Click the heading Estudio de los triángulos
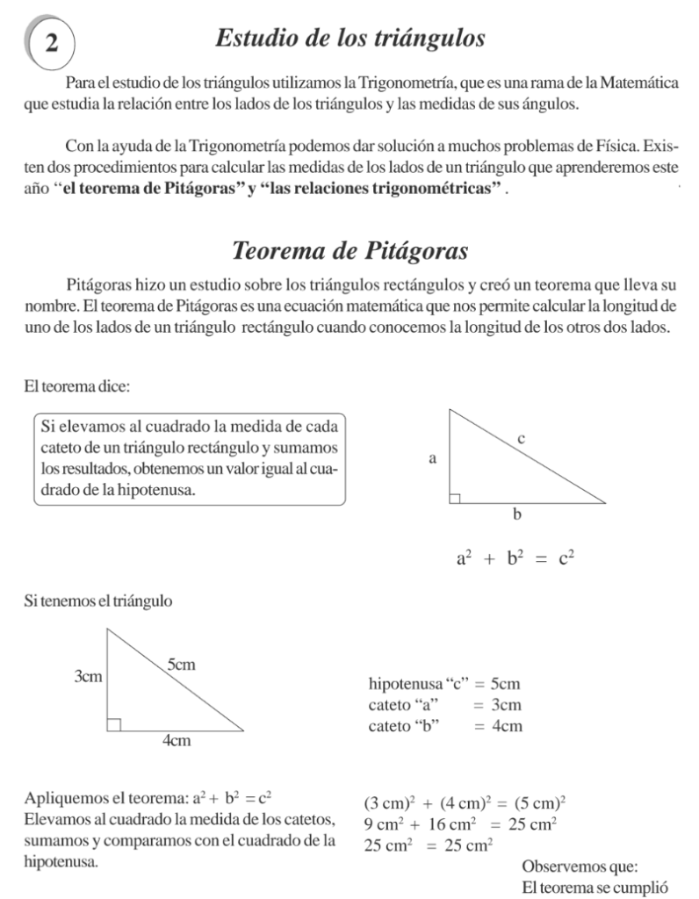pyautogui.click(x=350, y=38)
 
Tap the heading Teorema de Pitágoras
pyautogui.click(x=349, y=249)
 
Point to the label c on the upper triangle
pyautogui.click(x=522, y=436)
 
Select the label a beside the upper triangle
pyautogui.click(x=432, y=457)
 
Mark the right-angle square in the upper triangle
pyautogui.click(x=455, y=498)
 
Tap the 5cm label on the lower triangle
pyautogui.click(x=180, y=665)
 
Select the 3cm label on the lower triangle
pyautogui.click(x=89, y=677)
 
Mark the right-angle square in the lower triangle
pyautogui.click(x=113, y=723)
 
